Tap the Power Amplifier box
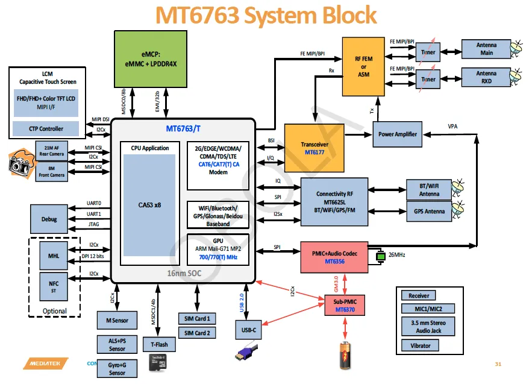(x=397, y=134)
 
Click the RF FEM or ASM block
(x=363, y=66)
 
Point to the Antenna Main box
(x=486, y=49)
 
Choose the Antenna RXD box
(x=486, y=77)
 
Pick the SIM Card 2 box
(x=197, y=333)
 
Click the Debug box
(x=49, y=219)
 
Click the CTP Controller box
(x=46, y=128)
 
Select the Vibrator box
(x=421, y=345)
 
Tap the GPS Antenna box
(x=430, y=212)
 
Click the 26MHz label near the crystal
(x=396, y=255)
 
